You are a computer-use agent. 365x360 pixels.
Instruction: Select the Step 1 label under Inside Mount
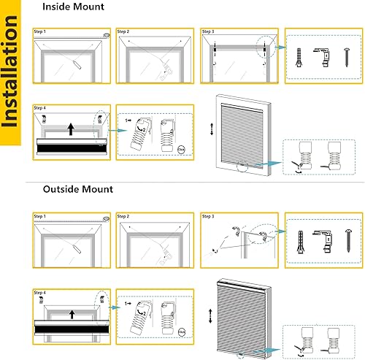40,32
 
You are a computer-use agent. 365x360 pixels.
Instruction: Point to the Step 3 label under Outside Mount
208,216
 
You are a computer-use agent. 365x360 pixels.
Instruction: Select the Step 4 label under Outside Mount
40,291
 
